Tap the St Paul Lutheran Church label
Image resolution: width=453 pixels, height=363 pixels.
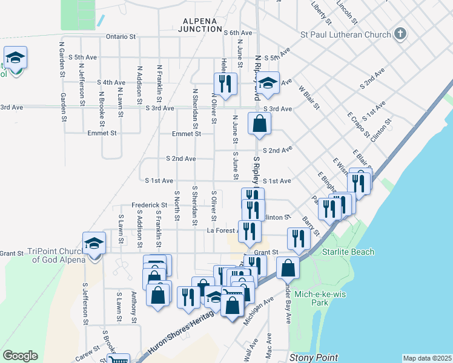[x=346, y=34]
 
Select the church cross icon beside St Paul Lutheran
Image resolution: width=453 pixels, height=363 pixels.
[x=400, y=34]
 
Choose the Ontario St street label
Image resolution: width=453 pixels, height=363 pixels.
[x=121, y=36]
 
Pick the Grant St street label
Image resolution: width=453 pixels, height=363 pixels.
[x=265, y=252]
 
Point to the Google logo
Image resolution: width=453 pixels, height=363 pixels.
[x=20, y=356]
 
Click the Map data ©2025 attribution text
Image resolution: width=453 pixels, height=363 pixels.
[x=427, y=358]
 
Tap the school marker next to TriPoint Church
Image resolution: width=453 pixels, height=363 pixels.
[x=94, y=243]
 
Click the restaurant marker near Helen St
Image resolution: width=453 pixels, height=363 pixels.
[x=225, y=83]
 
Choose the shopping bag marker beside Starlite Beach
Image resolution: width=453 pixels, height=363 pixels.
[x=288, y=267]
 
